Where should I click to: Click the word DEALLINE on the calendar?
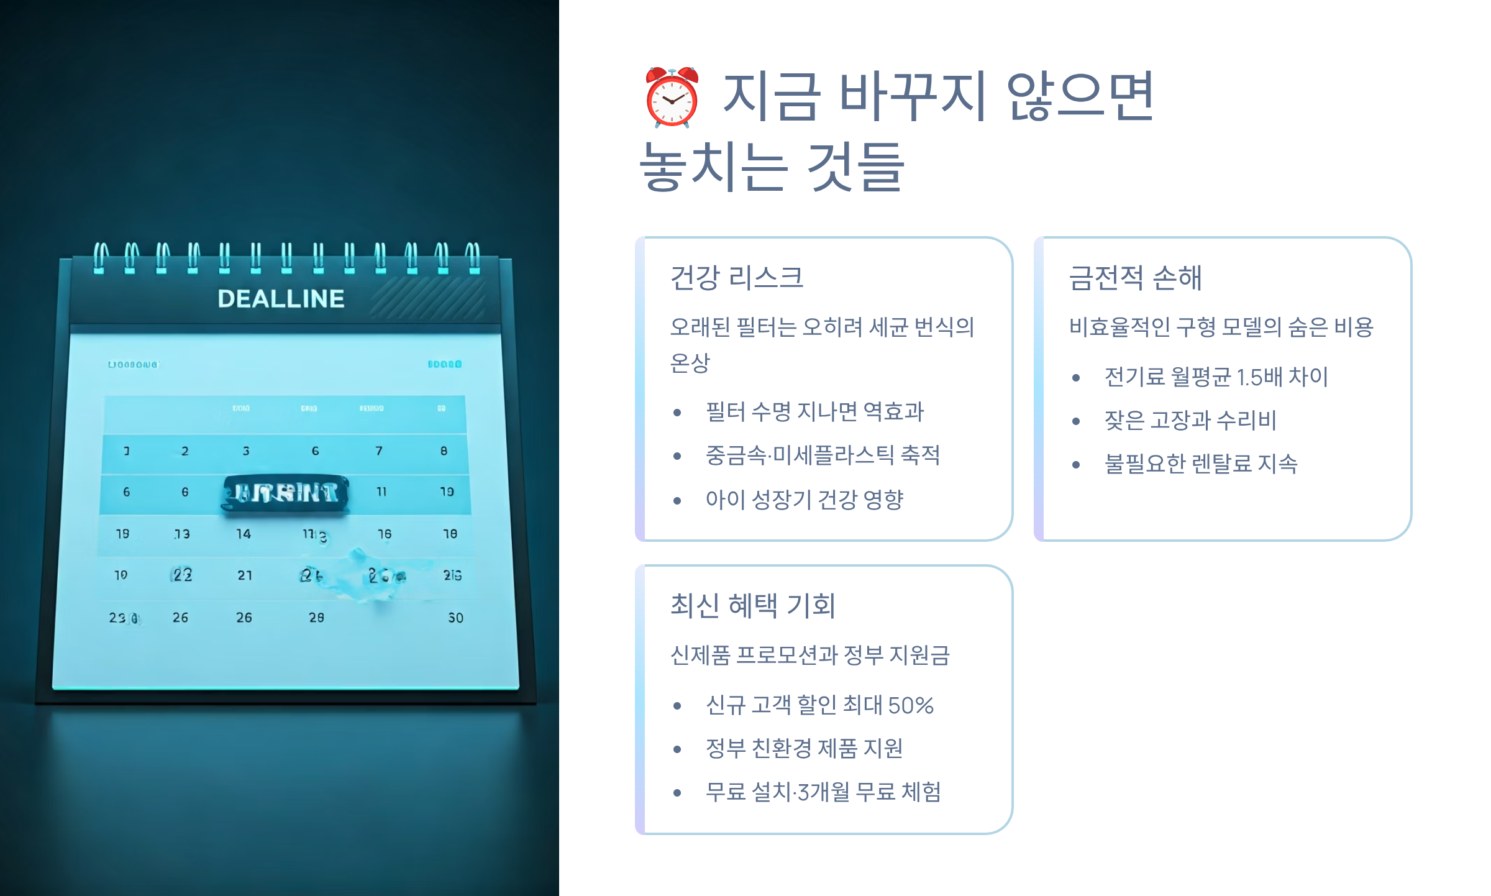pyautogui.click(x=281, y=299)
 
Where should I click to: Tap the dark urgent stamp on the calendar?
pyautogui.click(x=286, y=493)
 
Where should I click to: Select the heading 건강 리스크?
pyautogui.click(x=737, y=277)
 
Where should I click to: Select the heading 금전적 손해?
pyautogui.click(x=1135, y=277)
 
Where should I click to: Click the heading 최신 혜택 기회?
pyautogui.click(x=752, y=605)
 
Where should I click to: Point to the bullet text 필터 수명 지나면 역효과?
pyautogui.click(x=814, y=411)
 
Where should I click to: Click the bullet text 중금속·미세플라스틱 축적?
pyautogui.click(x=823, y=455)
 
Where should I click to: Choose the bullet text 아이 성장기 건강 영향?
pyautogui.click(x=804, y=500)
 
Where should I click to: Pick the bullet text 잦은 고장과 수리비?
pyautogui.click(x=1190, y=421)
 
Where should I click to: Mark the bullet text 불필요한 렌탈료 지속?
pyautogui.click(x=1201, y=464)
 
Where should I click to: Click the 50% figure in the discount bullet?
pyautogui.click(x=911, y=705)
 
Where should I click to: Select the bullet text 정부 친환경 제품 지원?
pyautogui.click(x=804, y=749)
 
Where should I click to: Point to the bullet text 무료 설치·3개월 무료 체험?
pyautogui.click(x=823, y=792)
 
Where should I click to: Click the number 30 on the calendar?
pyautogui.click(x=455, y=618)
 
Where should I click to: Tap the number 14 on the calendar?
pyautogui.click(x=244, y=534)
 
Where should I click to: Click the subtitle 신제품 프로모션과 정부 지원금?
pyautogui.click(x=810, y=655)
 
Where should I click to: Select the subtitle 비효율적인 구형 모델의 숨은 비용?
pyautogui.click(x=1221, y=327)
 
